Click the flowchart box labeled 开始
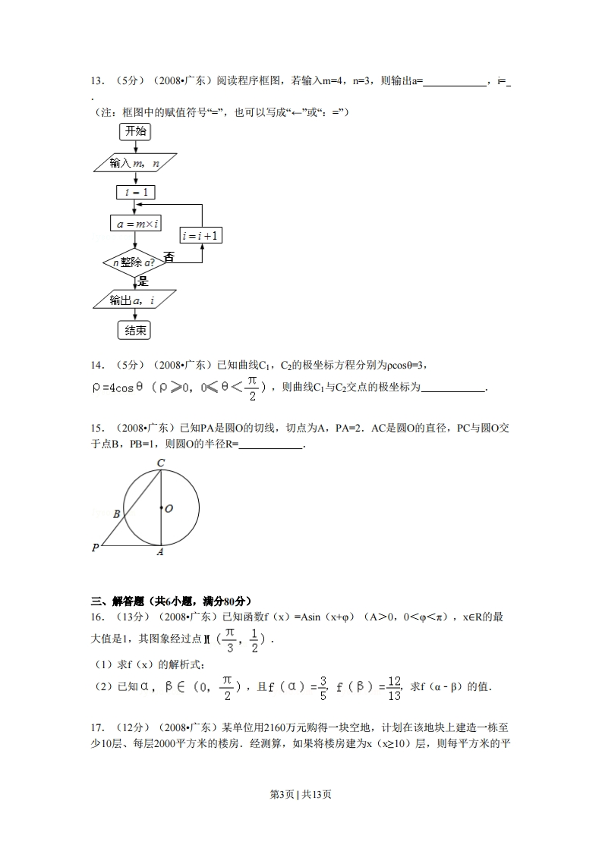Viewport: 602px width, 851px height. click(135, 131)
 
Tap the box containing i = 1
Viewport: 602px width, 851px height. click(136, 193)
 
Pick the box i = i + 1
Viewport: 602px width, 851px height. click(201, 236)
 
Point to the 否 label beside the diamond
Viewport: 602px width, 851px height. click(169, 257)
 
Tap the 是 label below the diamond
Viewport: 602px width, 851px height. click(143, 281)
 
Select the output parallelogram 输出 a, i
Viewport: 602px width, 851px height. click(134, 300)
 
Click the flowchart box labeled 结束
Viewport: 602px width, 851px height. click(135, 330)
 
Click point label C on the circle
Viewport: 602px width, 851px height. click(161, 463)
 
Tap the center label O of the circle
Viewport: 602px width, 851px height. click(169, 508)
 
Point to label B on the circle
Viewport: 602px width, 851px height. click(117, 514)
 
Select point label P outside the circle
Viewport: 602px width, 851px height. click(96, 547)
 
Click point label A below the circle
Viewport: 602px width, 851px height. click(160, 553)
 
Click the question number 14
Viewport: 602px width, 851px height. click(97, 366)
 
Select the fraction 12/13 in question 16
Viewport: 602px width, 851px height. click(393, 686)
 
